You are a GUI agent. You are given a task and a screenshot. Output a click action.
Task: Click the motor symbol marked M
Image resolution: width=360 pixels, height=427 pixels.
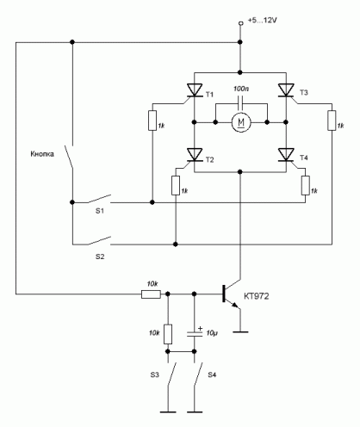coord(241,122)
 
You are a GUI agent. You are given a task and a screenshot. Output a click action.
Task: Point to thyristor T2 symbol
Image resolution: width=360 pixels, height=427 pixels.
coord(194,156)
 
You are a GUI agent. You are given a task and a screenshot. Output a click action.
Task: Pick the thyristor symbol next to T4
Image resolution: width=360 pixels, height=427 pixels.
coord(286,156)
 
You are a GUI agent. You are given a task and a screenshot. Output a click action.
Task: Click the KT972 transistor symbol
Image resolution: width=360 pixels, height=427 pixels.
coord(231,294)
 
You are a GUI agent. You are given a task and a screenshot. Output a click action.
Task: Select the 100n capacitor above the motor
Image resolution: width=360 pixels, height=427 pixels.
coord(240,103)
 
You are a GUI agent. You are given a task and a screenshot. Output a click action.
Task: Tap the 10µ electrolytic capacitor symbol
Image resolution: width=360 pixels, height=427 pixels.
coord(195,333)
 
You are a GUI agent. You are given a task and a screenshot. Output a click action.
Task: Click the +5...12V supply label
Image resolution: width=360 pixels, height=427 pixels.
coord(263,21)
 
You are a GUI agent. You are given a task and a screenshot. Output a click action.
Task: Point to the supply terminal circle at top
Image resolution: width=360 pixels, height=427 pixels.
coord(241,24)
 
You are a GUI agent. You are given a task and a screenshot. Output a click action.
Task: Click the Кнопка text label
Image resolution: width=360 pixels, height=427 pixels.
coord(42,154)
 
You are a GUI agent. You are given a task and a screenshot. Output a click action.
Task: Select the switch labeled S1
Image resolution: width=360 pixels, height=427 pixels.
coord(99,199)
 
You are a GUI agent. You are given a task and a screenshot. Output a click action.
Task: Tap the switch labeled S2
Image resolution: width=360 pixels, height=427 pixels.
coord(99,241)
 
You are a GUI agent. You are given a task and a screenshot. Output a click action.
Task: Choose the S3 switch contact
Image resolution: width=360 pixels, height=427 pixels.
coord(171,373)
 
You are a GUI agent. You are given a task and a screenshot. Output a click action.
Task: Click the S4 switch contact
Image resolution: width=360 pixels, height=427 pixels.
coord(198,373)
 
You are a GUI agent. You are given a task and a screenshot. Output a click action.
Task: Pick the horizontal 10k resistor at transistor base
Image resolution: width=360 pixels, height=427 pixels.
coord(151,294)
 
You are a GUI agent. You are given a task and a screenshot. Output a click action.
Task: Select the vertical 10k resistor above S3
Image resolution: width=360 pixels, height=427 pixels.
coord(168,334)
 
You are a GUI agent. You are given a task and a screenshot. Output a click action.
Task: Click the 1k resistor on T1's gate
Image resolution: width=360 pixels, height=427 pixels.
coord(152,121)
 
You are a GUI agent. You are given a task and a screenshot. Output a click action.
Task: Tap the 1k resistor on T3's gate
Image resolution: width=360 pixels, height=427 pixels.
coord(332,121)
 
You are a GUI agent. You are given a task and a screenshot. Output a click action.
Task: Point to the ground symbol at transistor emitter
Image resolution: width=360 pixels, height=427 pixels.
coord(240,331)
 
